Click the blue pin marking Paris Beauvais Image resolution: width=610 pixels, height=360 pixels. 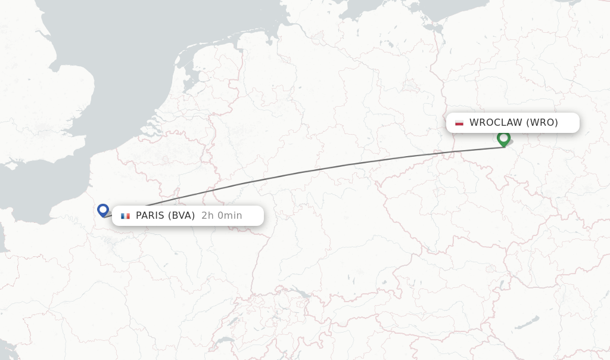(x=103, y=210)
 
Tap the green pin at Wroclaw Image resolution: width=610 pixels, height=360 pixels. (x=503, y=138)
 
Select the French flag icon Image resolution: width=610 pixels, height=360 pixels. (x=125, y=216)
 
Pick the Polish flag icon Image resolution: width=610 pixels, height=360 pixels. (x=459, y=123)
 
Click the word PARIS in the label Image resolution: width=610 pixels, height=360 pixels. (x=150, y=216)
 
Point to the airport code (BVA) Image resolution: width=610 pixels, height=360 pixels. (x=181, y=216)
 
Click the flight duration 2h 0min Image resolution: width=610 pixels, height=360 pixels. (x=222, y=216)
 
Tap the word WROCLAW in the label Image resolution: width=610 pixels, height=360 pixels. (x=496, y=123)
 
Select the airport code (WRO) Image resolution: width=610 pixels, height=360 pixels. (x=542, y=123)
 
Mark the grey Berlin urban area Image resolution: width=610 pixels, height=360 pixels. (x=410, y=86)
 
